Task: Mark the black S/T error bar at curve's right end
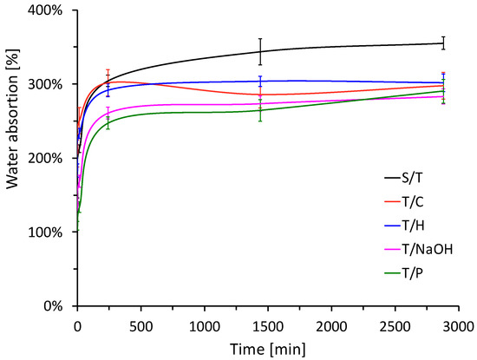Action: (443, 43)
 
